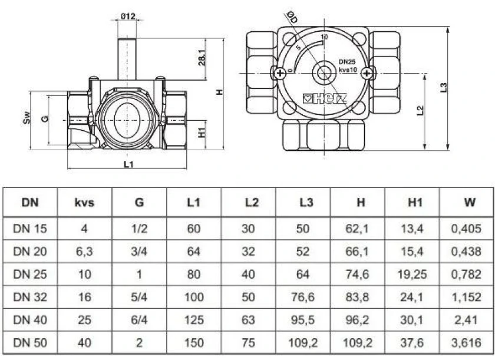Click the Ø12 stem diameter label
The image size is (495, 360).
coord(127,16)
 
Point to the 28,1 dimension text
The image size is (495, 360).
coord(202,57)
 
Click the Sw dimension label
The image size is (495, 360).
coord(28,118)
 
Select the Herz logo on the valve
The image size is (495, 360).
coord(325,98)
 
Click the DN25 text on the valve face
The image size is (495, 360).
coord(347,62)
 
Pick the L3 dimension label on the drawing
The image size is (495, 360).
coord(444,87)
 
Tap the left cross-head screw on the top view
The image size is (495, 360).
coord(280,74)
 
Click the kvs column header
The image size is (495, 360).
coord(84,202)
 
